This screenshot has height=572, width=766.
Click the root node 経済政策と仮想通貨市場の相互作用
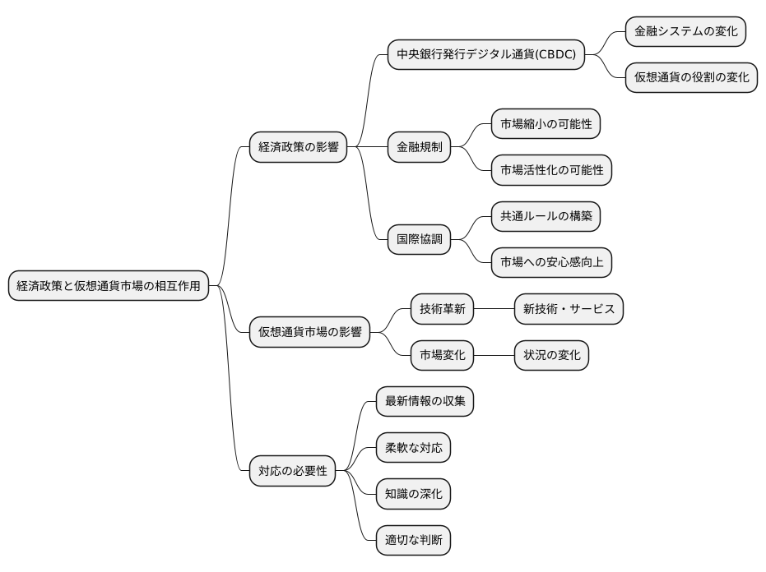click(x=109, y=286)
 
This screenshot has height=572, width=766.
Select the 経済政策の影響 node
click(x=298, y=148)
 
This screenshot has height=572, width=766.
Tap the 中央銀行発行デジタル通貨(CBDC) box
click(x=486, y=55)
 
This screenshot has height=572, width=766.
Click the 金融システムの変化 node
click(x=685, y=32)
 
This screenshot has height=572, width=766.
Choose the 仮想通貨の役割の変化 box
click(x=691, y=78)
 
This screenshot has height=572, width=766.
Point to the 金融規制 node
click(x=420, y=148)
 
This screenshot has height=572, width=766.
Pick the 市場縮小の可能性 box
click(x=545, y=125)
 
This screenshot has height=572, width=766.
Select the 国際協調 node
click(x=420, y=240)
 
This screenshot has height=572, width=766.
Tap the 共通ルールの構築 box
click(x=545, y=217)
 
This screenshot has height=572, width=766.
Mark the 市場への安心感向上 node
click(x=551, y=263)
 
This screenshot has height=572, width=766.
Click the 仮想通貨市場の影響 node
click(x=309, y=332)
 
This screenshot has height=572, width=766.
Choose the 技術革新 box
click(x=443, y=309)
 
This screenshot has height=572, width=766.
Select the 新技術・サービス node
click(x=569, y=309)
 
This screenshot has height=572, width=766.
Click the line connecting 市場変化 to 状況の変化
click(x=494, y=355)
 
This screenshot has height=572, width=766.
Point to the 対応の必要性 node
click(x=292, y=471)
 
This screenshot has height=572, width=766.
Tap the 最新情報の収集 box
click(x=425, y=402)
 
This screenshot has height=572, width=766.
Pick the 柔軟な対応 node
click(x=413, y=448)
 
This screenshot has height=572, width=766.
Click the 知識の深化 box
click(x=413, y=495)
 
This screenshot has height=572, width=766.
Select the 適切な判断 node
click(x=413, y=541)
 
